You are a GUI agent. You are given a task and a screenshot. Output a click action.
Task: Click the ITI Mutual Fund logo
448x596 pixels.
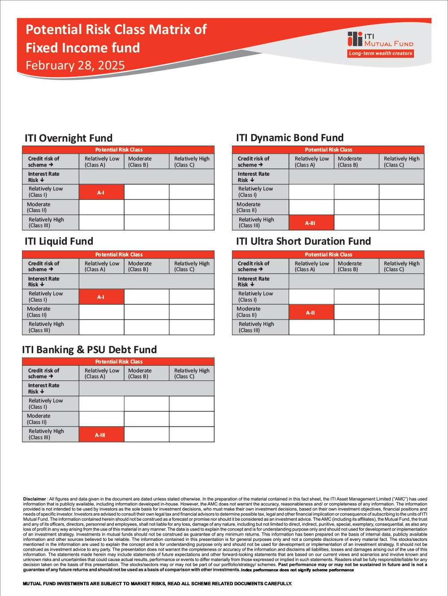pyautogui.click(x=380, y=40)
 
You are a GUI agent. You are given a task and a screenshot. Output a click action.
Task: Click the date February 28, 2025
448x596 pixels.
pyautogui.click(x=75, y=65)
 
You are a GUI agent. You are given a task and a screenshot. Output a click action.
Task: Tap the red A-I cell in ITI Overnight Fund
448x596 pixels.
pyautogui.click(x=101, y=192)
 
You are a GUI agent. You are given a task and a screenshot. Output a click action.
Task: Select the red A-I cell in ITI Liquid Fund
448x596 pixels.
pyautogui.click(x=101, y=297)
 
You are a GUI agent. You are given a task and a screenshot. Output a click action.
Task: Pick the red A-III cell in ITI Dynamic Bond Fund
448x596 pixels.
pyautogui.click(x=311, y=223)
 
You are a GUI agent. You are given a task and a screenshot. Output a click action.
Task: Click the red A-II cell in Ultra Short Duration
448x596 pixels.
pyautogui.click(x=311, y=312)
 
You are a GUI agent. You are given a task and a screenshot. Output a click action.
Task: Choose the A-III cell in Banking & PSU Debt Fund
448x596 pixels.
pyautogui.click(x=101, y=435)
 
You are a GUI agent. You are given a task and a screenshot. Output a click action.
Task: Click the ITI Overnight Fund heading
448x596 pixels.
pyautogui.click(x=69, y=138)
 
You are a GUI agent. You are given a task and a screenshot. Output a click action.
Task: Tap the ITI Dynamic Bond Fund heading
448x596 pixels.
pyautogui.click(x=290, y=138)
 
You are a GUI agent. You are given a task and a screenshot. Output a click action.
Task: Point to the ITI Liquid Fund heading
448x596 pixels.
pyautogui.click(x=59, y=242)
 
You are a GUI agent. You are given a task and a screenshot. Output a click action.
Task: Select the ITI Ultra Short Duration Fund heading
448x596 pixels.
pyautogui.click(x=303, y=242)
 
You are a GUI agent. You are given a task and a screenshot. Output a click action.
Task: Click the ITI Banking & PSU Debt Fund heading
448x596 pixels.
pyautogui.click(x=90, y=350)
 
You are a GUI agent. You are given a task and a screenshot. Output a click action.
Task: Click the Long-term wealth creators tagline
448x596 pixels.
pyautogui.click(x=380, y=53)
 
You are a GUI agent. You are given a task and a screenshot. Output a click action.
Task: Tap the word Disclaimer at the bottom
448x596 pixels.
pyautogui.click(x=34, y=499)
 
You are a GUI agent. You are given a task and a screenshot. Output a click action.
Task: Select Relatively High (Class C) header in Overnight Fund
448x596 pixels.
pyautogui.click(x=192, y=162)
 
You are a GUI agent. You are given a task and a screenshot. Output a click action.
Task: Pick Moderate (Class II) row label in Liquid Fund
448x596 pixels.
pyautogui.click(x=39, y=312)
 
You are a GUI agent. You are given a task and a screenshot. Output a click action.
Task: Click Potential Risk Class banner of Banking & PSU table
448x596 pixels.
pyautogui.click(x=118, y=362)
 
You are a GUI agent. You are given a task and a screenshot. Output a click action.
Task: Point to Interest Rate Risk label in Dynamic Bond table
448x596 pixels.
pyautogui.click(x=254, y=177)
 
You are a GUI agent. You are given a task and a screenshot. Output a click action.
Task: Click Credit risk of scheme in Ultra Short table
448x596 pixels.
pyautogui.click(x=254, y=267)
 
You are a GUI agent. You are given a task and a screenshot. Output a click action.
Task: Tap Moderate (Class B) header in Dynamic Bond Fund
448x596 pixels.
pyautogui.click(x=350, y=162)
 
